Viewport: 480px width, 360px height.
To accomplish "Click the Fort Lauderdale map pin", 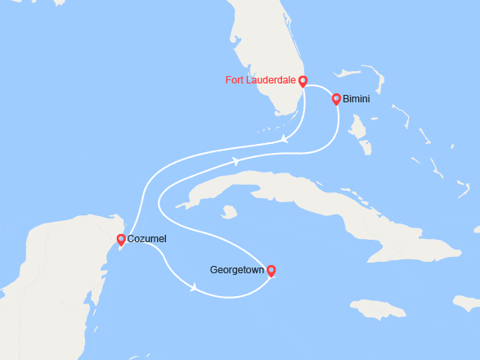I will click(x=303, y=80).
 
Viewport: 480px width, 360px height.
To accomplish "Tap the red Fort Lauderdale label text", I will click(x=261, y=80).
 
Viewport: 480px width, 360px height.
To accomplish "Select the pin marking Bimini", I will click(x=336, y=99).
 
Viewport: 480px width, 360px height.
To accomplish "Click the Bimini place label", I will click(x=356, y=100).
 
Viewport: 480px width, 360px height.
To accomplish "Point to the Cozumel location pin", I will click(x=121, y=239).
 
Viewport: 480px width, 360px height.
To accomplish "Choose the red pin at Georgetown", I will click(x=271, y=270).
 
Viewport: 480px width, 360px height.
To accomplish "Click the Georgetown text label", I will click(x=236, y=269).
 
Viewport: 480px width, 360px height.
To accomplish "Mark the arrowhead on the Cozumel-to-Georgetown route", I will click(x=194, y=287).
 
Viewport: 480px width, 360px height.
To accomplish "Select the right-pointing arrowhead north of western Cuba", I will click(x=236, y=161).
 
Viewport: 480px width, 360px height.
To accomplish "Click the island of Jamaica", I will click(x=376, y=309).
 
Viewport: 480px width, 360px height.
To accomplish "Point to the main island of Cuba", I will click(x=311, y=192).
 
